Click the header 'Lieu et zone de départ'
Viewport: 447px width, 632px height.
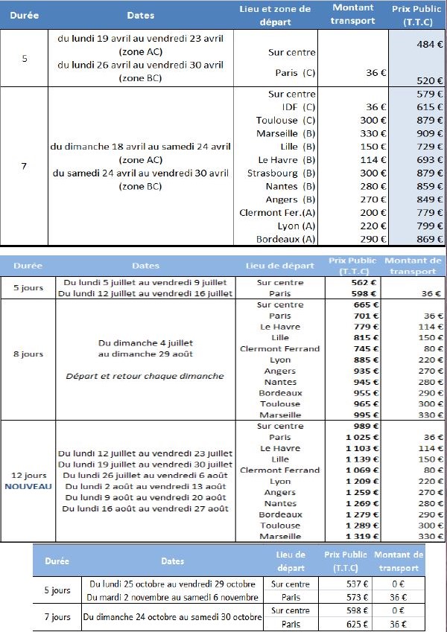click(275, 15)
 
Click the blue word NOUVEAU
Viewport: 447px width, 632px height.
click(28, 486)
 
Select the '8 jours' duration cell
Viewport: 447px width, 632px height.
click(28, 354)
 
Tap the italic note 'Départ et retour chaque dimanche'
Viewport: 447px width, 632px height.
click(145, 376)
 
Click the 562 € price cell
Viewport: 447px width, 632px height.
click(361, 283)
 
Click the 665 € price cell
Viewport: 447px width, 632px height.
click(362, 305)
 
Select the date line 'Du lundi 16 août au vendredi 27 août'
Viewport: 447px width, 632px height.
click(145, 508)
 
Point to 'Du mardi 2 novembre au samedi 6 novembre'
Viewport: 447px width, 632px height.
click(172, 598)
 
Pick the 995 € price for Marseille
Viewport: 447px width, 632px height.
click(362, 415)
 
